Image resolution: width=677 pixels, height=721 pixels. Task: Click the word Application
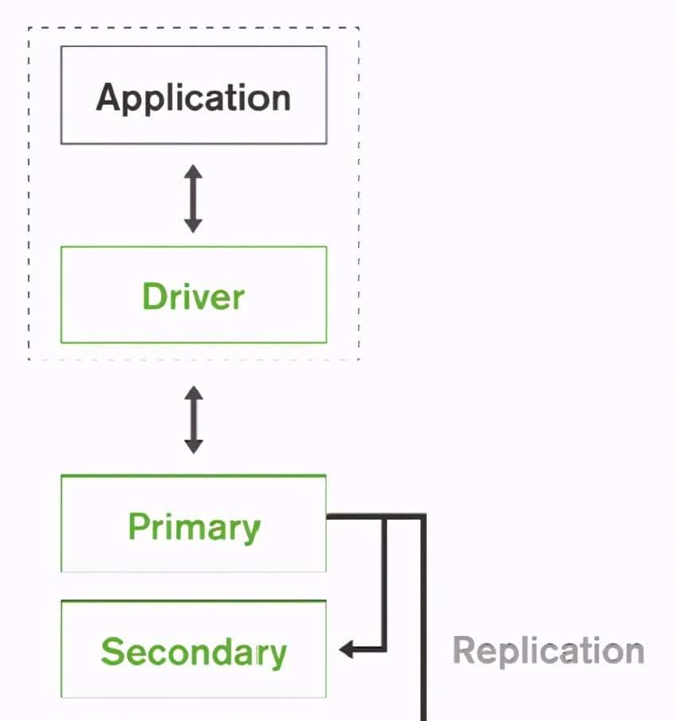point(193,97)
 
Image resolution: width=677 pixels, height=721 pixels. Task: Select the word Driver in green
point(193,297)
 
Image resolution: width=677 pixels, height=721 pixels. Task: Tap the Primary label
point(194,526)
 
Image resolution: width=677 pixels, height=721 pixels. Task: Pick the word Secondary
point(193,652)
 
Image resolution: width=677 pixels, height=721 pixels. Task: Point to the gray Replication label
point(548,650)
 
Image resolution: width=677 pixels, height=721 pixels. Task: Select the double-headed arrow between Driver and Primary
point(193,419)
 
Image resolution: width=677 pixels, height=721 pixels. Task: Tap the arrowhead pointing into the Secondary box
point(347,650)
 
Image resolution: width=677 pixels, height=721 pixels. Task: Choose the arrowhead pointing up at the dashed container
point(193,393)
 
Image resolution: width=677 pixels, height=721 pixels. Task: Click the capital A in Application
point(108,97)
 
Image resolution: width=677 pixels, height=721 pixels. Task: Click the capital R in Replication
point(464,650)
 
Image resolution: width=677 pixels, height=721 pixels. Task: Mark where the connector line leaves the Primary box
point(328,517)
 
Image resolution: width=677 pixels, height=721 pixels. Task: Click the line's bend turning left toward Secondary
point(385,649)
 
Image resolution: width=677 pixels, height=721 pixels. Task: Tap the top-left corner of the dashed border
point(29,28)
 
